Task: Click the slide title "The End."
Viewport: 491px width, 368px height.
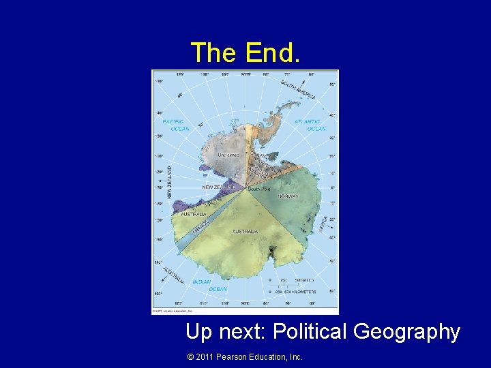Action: point(244,52)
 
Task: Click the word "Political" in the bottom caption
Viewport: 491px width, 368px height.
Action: point(310,332)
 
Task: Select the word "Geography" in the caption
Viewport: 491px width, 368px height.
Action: point(408,332)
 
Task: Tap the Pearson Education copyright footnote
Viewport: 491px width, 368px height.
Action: point(244,356)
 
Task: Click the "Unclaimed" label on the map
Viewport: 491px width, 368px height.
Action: point(228,155)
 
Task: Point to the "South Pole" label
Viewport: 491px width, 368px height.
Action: point(260,188)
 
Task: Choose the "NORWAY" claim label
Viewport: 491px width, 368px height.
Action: point(288,196)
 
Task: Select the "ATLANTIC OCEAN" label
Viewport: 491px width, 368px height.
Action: point(308,125)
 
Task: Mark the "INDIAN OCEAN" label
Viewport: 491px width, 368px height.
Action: point(202,285)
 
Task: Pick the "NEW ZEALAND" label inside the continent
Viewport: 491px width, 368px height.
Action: point(218,187)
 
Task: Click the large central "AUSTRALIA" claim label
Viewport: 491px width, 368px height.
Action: point(245,232)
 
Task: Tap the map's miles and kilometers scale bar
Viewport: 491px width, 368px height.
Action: point(293,286)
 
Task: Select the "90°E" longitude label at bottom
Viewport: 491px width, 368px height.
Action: point(245,303)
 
